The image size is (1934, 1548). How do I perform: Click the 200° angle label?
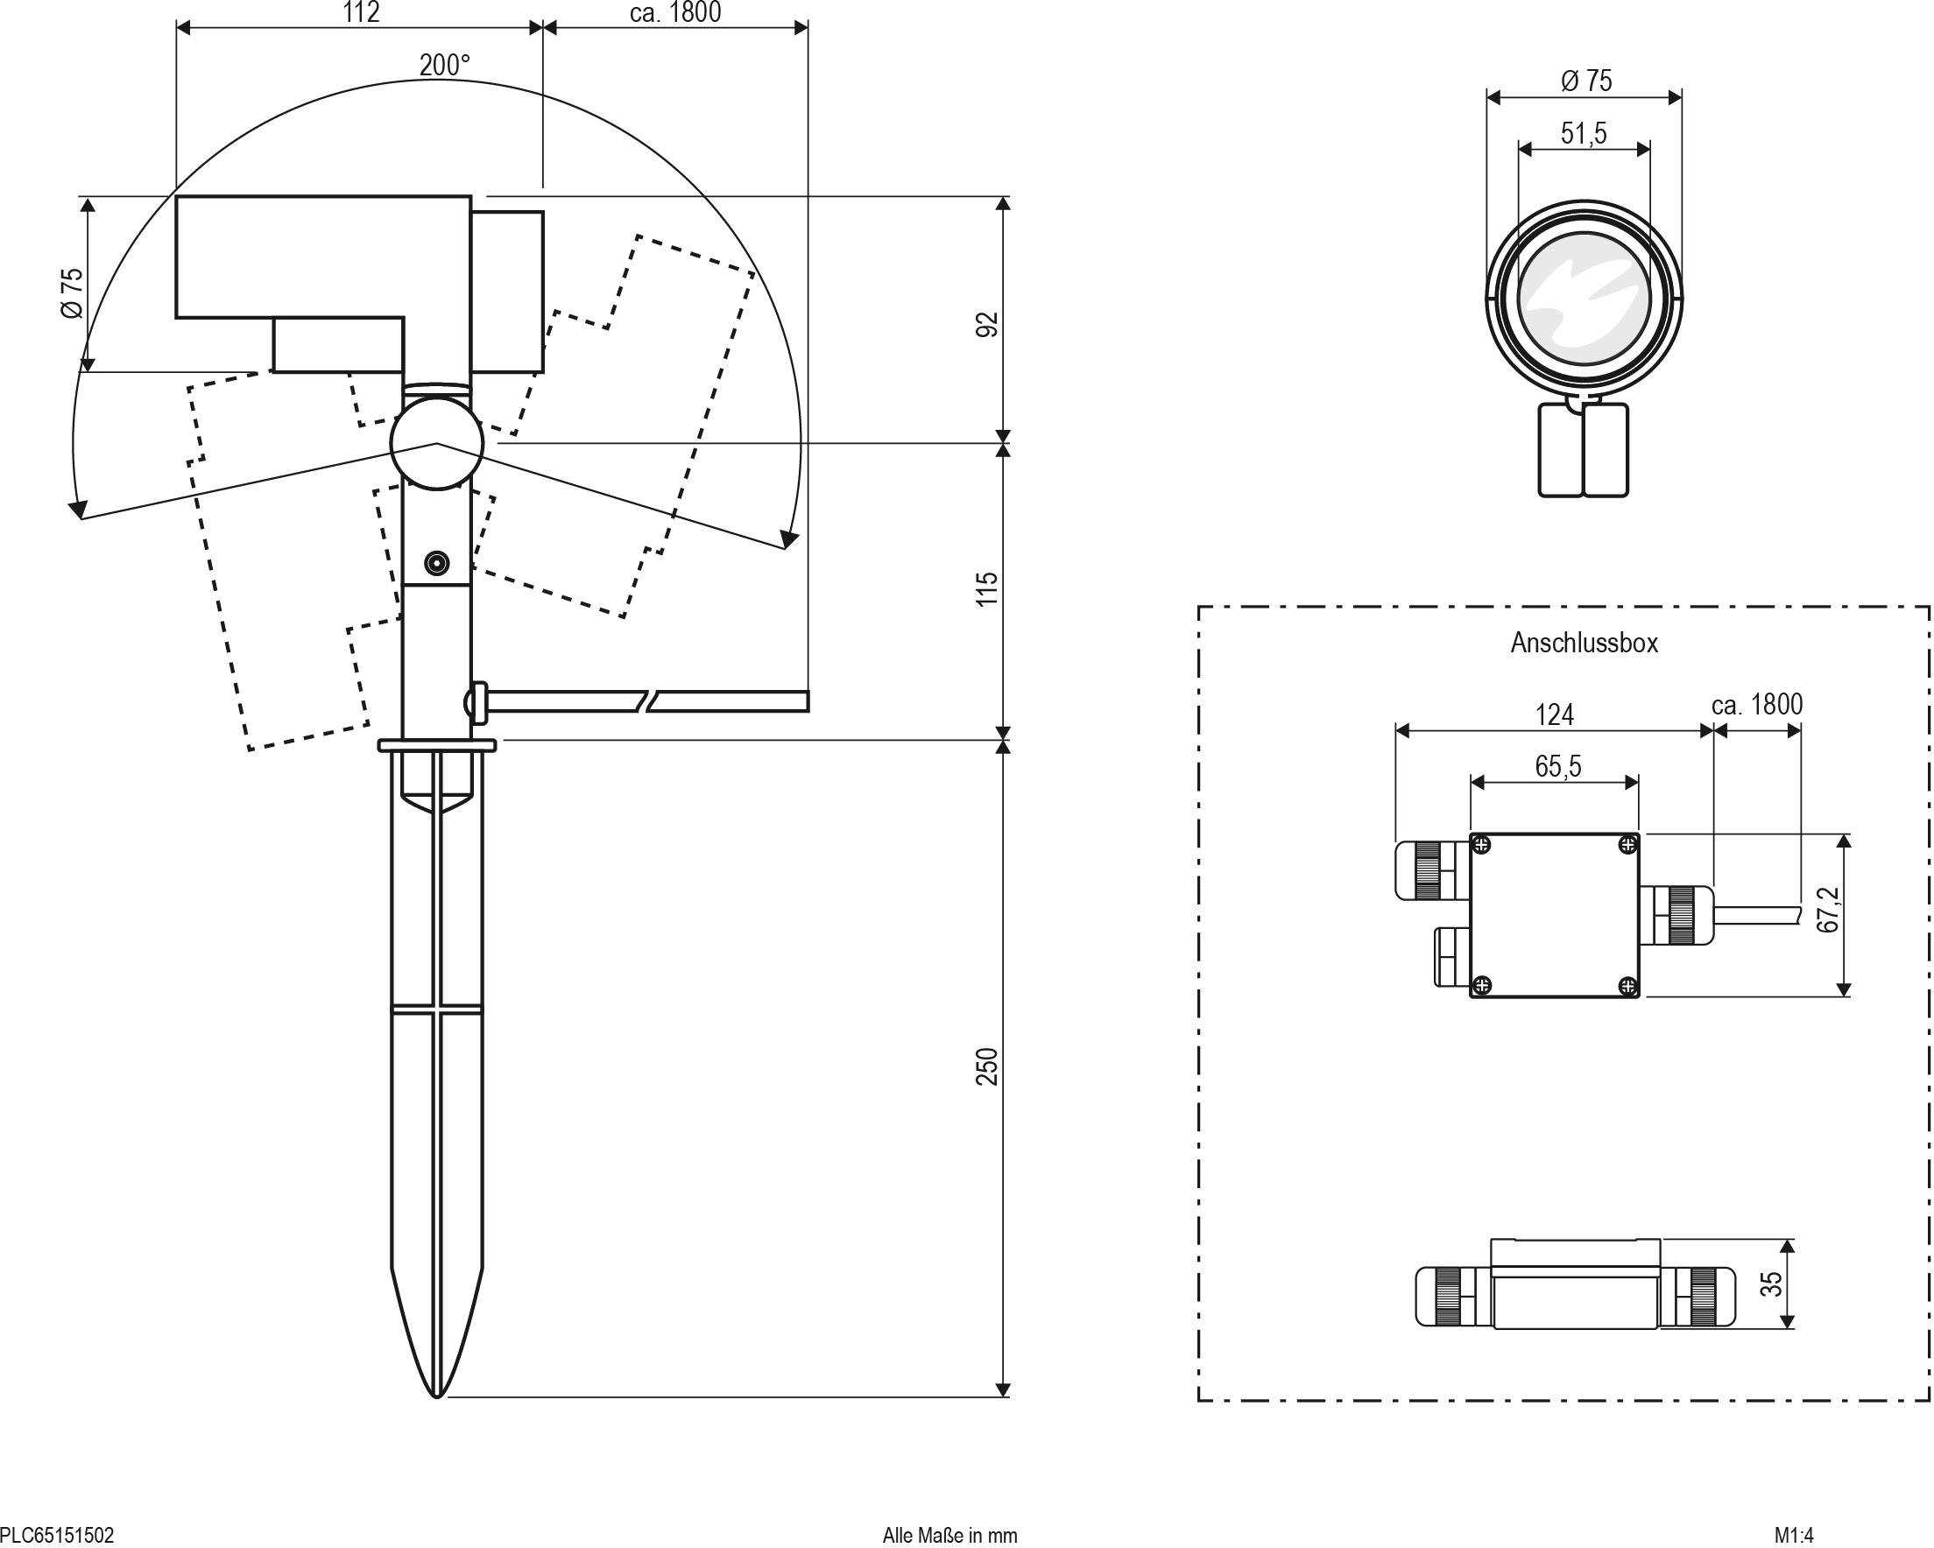[x=444, y=66]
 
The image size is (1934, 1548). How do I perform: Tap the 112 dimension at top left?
[x=361, y=12]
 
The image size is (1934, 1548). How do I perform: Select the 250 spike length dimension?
[x=987, y=1066]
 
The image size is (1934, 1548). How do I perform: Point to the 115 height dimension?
[x=987, y=588]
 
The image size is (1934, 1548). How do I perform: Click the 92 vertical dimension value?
[x=987, y=324]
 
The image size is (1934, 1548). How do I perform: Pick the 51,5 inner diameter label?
[x=1584, y=134]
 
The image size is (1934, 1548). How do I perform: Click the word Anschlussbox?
[x=1585, y=643]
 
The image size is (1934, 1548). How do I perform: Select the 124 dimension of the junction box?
[x=1554, y=714]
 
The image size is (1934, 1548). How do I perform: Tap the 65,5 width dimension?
[x=1557, y=766]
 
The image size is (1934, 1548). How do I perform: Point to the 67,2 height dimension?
[x=1827, y=911]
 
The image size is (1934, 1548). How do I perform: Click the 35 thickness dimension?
[x=1771, y=1284]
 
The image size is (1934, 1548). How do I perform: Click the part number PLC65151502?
[x=58, y=1535]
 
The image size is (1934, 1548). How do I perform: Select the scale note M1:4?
[x=1794, y=1535]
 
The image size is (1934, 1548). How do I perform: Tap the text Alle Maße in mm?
[x=949, y=1535]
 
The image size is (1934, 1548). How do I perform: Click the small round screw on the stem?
[x=437, y=563]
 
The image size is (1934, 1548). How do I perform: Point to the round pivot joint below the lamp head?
[x=437, y=443]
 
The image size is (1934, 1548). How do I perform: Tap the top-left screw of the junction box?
[x=1482, y=845]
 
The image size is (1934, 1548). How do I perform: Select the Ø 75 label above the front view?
[x=1586, y=81]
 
